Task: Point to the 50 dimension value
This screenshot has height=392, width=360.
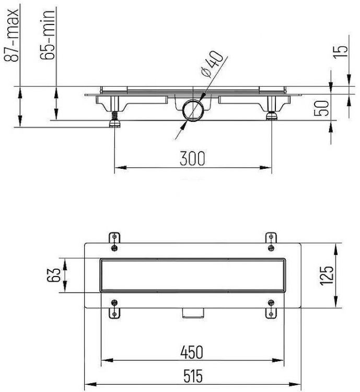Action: [324, 107]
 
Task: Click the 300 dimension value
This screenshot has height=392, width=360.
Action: [193, 158]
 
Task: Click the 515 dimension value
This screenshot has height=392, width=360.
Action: [192, 375]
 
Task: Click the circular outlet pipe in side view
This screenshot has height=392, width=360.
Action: [193, 111]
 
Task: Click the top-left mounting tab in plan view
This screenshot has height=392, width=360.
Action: [114, 238]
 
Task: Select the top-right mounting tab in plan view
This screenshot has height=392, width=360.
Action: [270, 238]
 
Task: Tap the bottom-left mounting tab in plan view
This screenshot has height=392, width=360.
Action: [114, 308]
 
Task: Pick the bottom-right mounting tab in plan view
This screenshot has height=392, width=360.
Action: [270, 308]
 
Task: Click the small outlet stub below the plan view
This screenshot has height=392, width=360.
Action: [192, 313]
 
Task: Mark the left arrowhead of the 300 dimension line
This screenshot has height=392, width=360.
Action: [118, 168]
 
